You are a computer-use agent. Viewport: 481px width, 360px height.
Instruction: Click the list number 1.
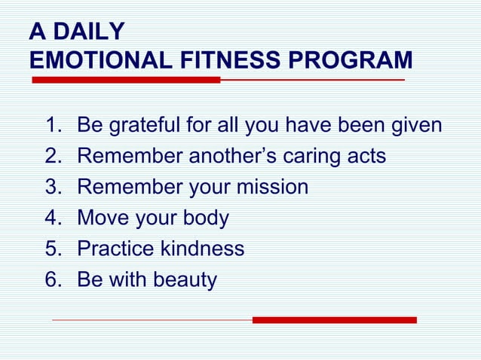coord(52,125)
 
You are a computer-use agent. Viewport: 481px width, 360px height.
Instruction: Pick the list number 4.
coord(52,218)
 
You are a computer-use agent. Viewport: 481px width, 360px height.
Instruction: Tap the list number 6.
coord(52,280)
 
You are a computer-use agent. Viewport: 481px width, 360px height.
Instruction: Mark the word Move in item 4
coord(103,218)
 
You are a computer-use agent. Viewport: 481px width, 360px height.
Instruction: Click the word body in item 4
coord(205,218)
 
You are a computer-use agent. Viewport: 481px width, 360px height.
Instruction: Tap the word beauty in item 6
coord(185,280)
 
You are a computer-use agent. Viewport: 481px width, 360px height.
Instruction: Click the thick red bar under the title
coord(125,80)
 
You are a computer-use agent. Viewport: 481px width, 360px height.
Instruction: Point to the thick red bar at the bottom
coord(334,320)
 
